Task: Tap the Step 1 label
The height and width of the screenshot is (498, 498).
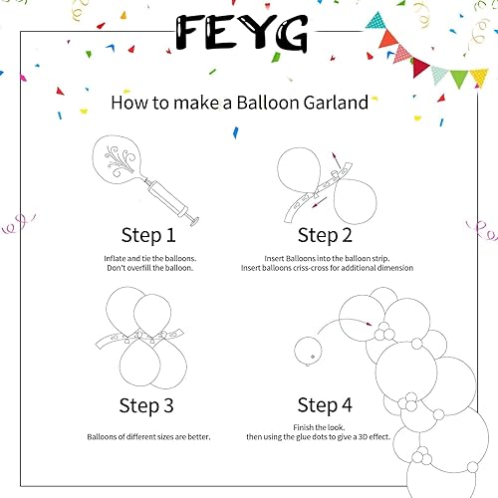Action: (147, 235)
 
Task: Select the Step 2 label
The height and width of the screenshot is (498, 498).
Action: (325, 235)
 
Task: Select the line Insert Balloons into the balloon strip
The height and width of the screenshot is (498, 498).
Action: (325, 258)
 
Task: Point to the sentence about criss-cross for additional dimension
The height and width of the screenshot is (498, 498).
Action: (325, 269)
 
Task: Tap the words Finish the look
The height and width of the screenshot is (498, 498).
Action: (325, 426)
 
